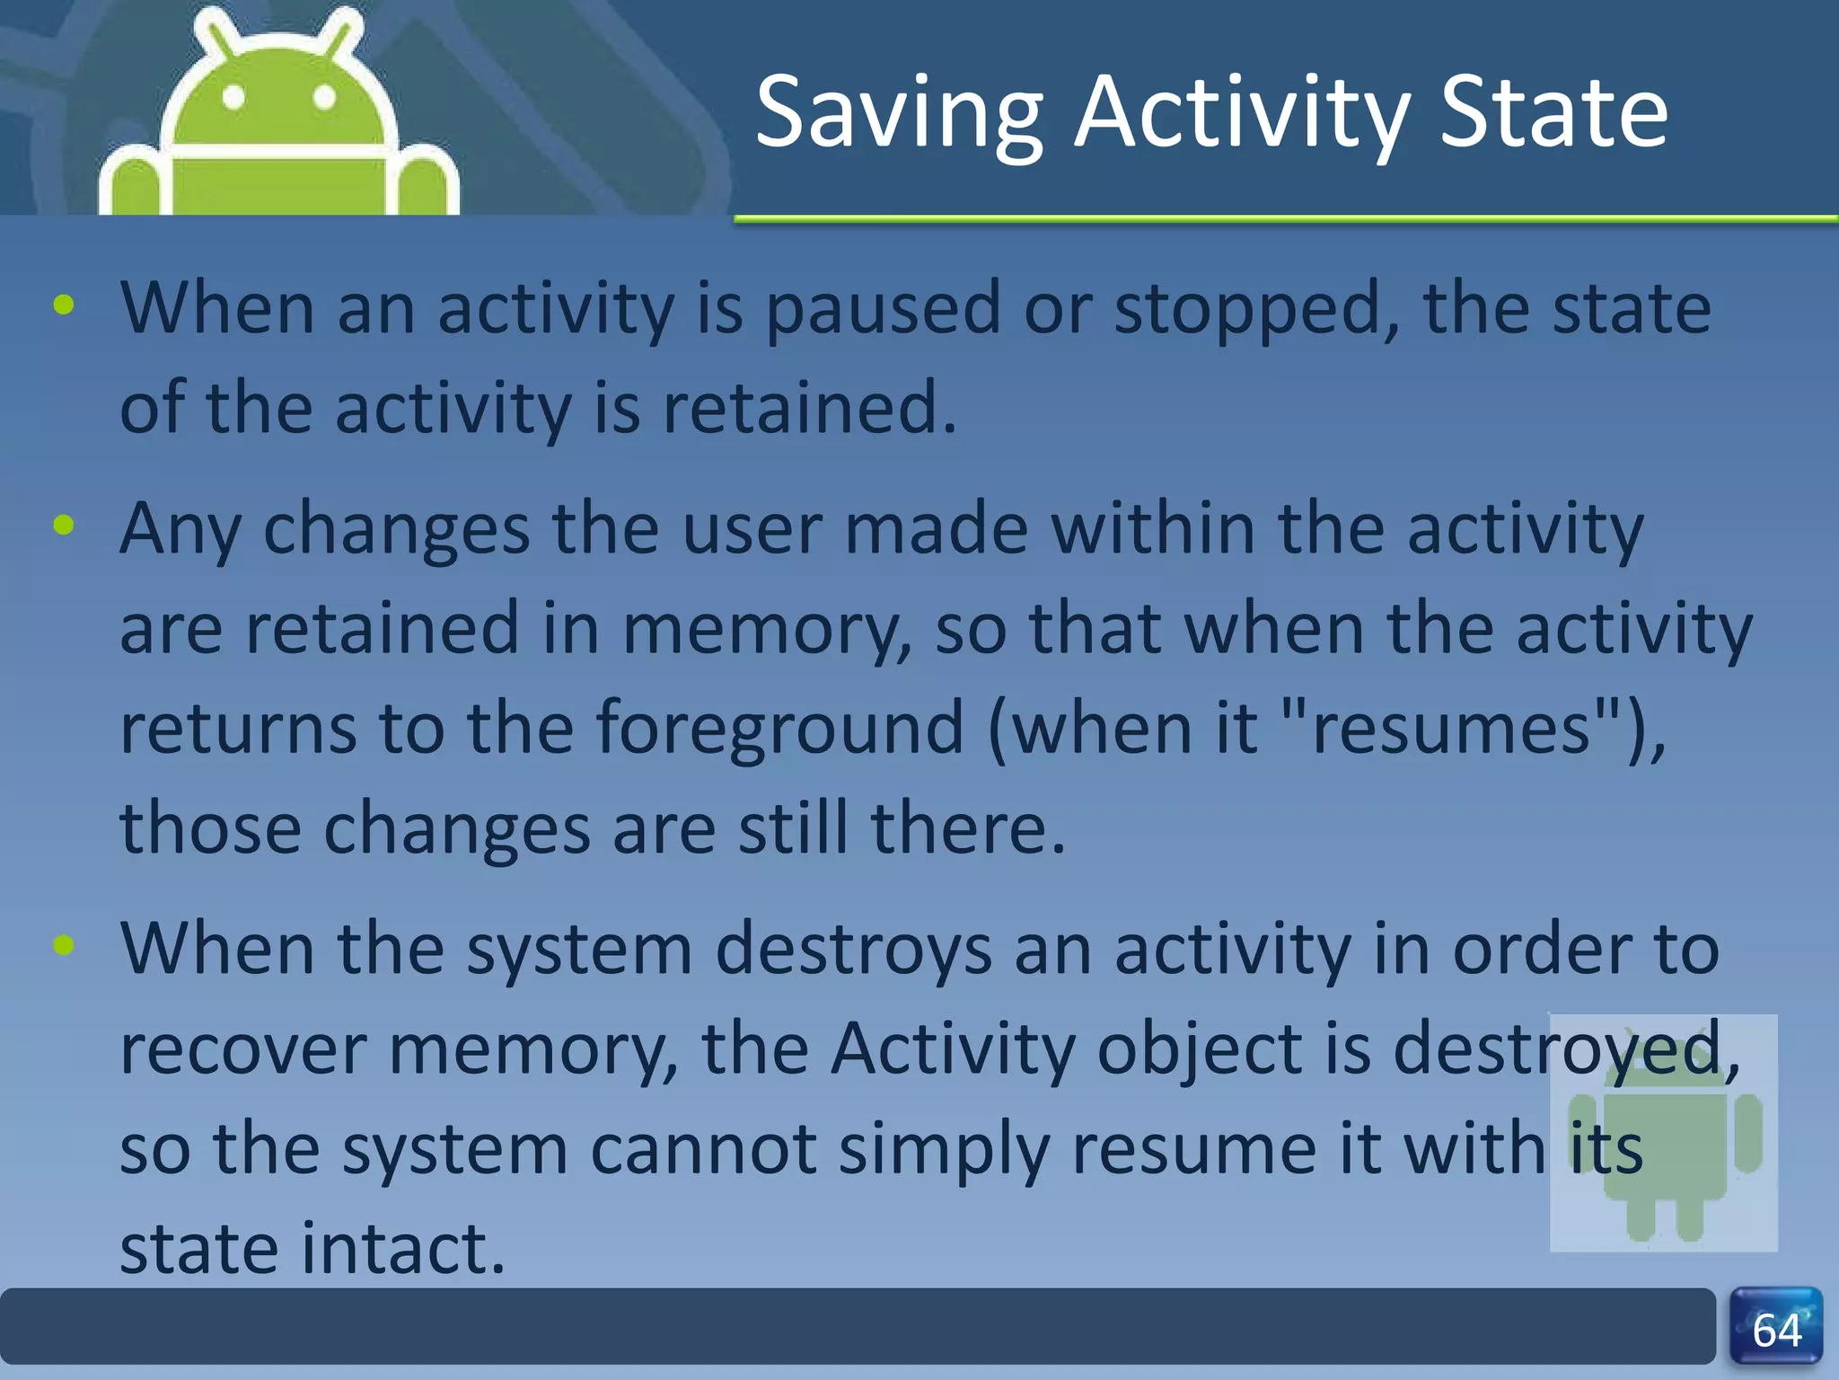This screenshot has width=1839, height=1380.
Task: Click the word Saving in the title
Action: [x=899, y=114]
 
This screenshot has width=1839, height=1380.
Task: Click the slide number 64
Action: [x=1776, y=1331]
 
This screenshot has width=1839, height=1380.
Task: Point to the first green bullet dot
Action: [x=64, y=305]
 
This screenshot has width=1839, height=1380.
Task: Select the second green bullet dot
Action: [x=64, y=525]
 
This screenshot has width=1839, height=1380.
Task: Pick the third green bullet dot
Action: [x=64, y=944]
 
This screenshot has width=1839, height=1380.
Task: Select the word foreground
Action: [x=779, y=728]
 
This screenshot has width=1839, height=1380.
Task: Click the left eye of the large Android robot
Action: [x=234, y=97]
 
